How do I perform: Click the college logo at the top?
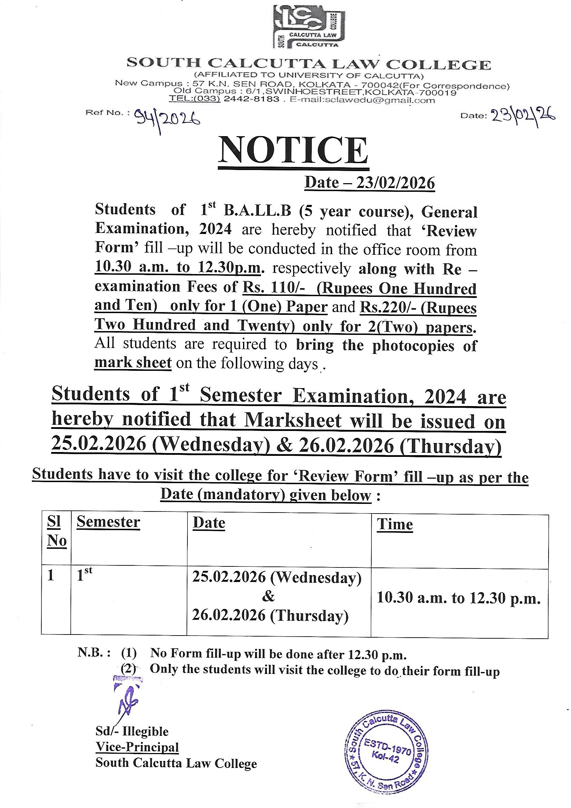click(310, 26)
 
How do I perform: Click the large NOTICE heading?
click(293, 150)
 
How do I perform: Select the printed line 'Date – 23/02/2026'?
click(369, 183)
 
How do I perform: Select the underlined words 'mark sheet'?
click(133, 363)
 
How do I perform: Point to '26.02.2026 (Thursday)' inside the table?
click(270, 615)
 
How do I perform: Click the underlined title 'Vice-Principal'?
click(137, 747)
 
